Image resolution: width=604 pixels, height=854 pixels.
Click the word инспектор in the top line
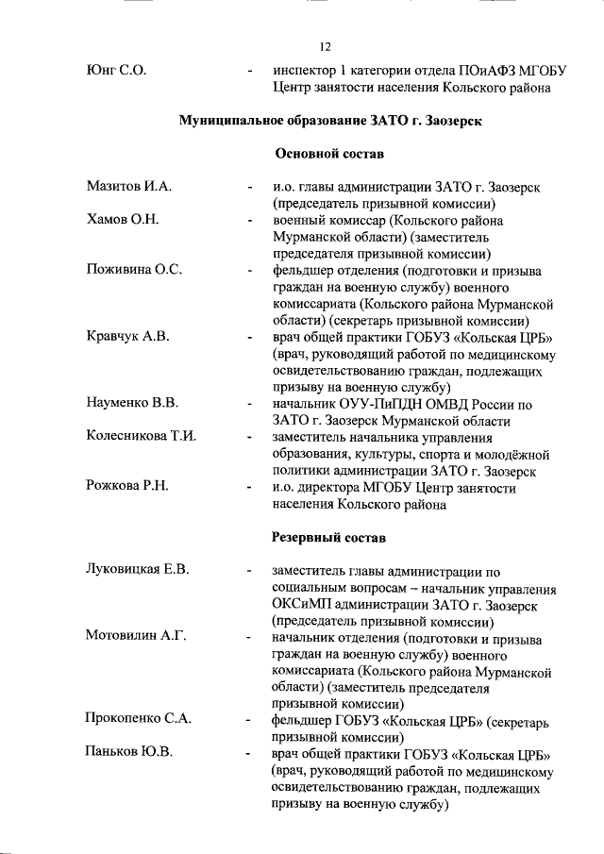[303, 70]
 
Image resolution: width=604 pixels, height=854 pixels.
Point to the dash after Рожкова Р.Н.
[248, 488]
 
